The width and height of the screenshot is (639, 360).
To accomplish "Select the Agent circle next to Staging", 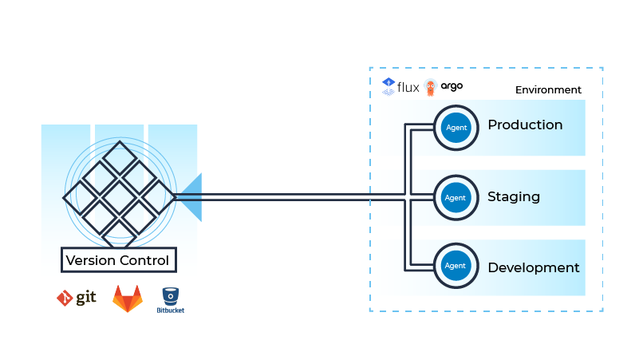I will point(455,197).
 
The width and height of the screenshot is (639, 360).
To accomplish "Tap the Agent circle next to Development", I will point(455,267).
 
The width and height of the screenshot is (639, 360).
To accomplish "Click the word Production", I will point(525,125).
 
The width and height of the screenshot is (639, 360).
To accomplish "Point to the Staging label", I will point(514,197).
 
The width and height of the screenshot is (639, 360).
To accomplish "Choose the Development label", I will point(533,267).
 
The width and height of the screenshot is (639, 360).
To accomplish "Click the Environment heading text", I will point(548,90).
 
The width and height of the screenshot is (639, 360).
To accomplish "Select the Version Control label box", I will point(119,260).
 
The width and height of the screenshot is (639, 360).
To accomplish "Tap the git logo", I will point(77,299).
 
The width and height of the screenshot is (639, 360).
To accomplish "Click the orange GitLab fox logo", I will point(128,299).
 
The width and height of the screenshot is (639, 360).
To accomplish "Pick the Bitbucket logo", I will point(170,300).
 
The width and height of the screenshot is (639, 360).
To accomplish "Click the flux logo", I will point(400,87).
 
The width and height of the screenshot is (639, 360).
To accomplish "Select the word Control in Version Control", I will point(143,260).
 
